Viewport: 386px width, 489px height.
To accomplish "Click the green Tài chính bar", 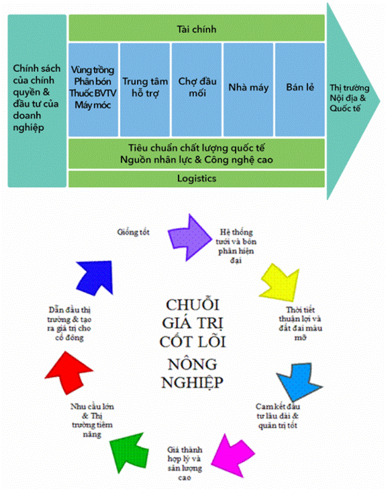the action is pyautogui.click(x=197, y=28).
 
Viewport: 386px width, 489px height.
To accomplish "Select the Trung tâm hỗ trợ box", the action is pyautogui.click(x=145, y=90).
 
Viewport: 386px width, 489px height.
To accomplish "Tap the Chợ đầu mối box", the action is pyautogui.click(x=197, y=90).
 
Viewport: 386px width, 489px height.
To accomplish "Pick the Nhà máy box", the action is pyautogui.click(x=248, y=90).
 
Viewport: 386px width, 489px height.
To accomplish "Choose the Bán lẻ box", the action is pyautogui.click(x=300, y=90).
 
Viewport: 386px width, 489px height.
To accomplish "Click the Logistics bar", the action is pyautogui.click(x=197, y=178).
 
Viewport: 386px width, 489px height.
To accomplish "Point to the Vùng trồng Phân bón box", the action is pyautogui.click(x=93, y=90).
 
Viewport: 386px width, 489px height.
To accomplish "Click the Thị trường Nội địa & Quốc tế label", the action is pyautogui.click(x=350, y=98).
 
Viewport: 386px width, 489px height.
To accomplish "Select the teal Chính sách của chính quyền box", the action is pyautogui.click(x=37, y=101).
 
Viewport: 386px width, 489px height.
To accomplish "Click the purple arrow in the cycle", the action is pyautogui.click(x=189, y=237).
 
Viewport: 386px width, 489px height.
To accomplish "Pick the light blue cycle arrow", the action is pyautogui.click(x=299, y=382).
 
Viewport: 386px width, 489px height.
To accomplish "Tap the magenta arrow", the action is pyautogui.click(x=233, y=455).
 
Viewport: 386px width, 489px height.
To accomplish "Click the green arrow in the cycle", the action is pyautogui.click(x=129, y=452).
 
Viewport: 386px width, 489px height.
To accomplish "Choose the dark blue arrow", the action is pyautogui.click(x=95, y=278).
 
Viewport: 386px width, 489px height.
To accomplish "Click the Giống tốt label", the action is pyautogui.click(x=133, y=232).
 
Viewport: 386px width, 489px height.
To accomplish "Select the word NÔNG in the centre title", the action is pyautogui.click(x=193, y=364).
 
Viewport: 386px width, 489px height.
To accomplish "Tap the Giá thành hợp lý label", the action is pyautogui.click(x=185, y=464).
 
